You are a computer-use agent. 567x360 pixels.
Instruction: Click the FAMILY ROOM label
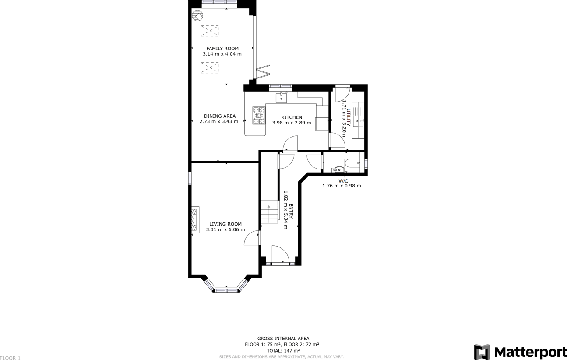[x=222, y=49]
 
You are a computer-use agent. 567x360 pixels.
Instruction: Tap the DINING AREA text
[x=219, y=116]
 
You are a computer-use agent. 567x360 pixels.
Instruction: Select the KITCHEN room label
[x=291, y=117]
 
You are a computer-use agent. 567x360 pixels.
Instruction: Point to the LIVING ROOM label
[x=225, y=224]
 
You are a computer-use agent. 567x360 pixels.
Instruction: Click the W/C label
[x=343, y=181]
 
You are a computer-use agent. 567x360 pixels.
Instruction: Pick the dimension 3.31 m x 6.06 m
[x=225, y=229]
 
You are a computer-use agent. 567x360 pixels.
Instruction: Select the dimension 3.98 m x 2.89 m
[x=291, y=123]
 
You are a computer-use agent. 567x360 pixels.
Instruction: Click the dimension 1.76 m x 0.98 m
[x=342, y=186]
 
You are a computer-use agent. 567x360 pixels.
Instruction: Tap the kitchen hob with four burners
[x=258, y=115]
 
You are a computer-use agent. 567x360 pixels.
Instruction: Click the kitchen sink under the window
[x=281, y=97]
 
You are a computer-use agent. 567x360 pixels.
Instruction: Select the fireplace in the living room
[x=195, y=220]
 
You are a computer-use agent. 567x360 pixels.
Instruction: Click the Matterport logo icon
[x=482, y=352]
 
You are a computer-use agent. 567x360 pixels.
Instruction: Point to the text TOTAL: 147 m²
[x=283, y=351]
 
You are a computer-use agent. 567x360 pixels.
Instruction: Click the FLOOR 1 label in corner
[x=11, y=358]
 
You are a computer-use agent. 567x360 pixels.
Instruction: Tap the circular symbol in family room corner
[x=197, y=17]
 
